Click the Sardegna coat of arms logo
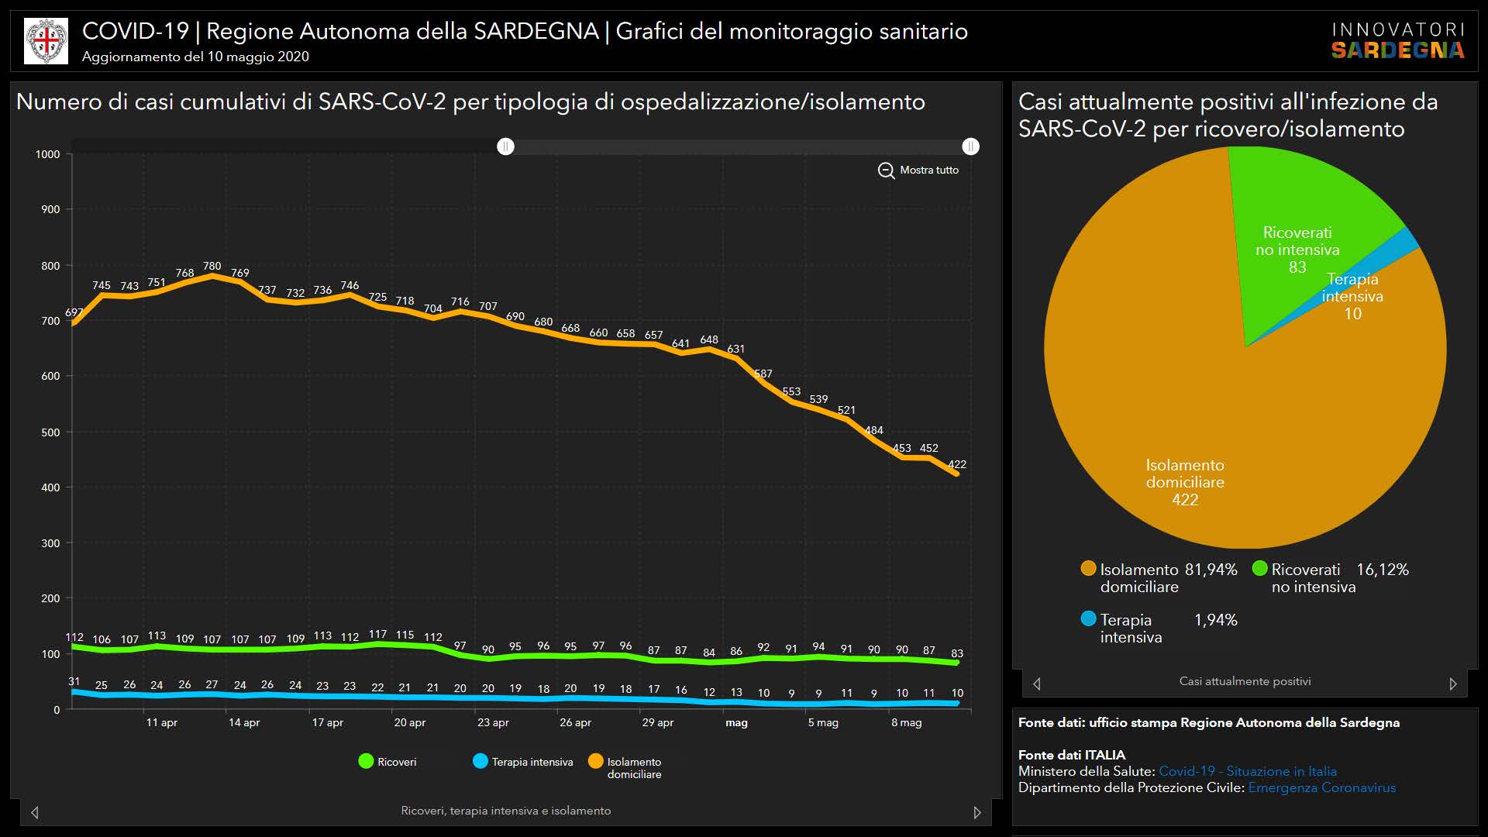tap(46, 41)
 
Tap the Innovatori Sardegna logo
tap(1397, 40)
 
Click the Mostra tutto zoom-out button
tap(918, 170)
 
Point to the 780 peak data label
tap(212, 267)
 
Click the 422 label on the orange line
tap(957, 465)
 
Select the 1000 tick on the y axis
tap(48, 154)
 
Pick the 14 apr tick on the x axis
tap(244, 722)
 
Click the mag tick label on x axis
tap(736, 722)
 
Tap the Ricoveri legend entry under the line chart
tap(387, 762)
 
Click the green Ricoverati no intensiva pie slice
tap(1302, 201)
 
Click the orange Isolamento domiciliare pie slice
tap(1186, 434)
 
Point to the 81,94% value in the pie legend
tap(1211, 570)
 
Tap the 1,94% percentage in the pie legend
tap(1215, 620)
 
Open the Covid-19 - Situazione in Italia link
tap(1247, 771)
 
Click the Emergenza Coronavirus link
tap(1321, 787)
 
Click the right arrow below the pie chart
tap(1453, 684)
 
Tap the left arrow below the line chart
tap(35, 812)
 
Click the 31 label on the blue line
tap(74, 682)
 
